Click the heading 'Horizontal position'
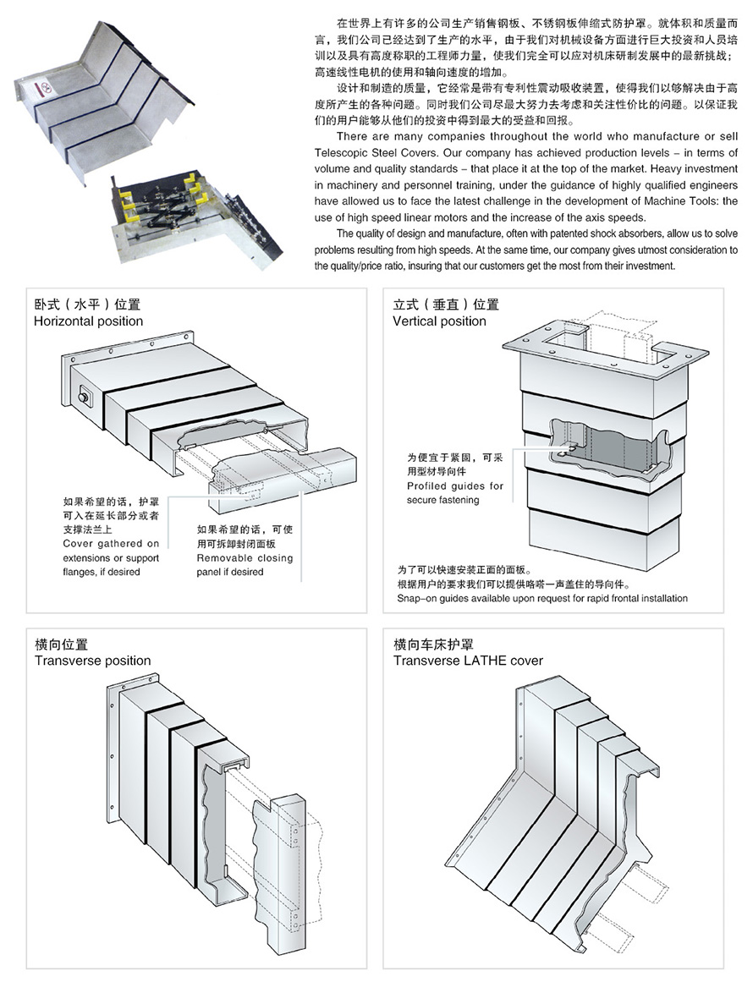pyautogui.click(x=88, y=321)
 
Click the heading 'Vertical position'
pyautogui.click(x=439, y=321)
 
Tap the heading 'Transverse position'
pyautogui.click(x=92, y=661)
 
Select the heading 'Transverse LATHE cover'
pyautogui.click(x=468, y=661)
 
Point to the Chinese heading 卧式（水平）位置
pyautogui.click(x=86, y=305)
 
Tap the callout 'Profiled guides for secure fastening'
pyautogui.click(x=454, y=493)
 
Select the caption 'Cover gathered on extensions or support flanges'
pyautogui.click(x=111, y=557)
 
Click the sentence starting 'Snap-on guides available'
pyautogui.click(x=541, y=598)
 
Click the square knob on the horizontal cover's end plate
pyautogui.click(x=84, y=396)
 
